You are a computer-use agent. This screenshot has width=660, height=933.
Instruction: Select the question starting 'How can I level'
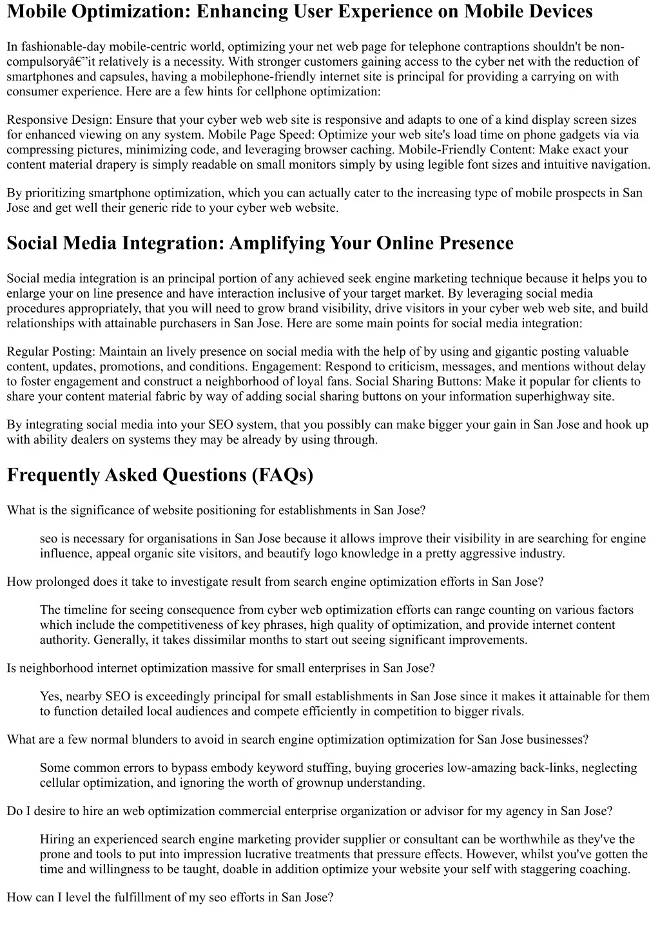tap(170, 898)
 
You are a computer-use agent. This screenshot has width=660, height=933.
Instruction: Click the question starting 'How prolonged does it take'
tap(275, 582)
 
